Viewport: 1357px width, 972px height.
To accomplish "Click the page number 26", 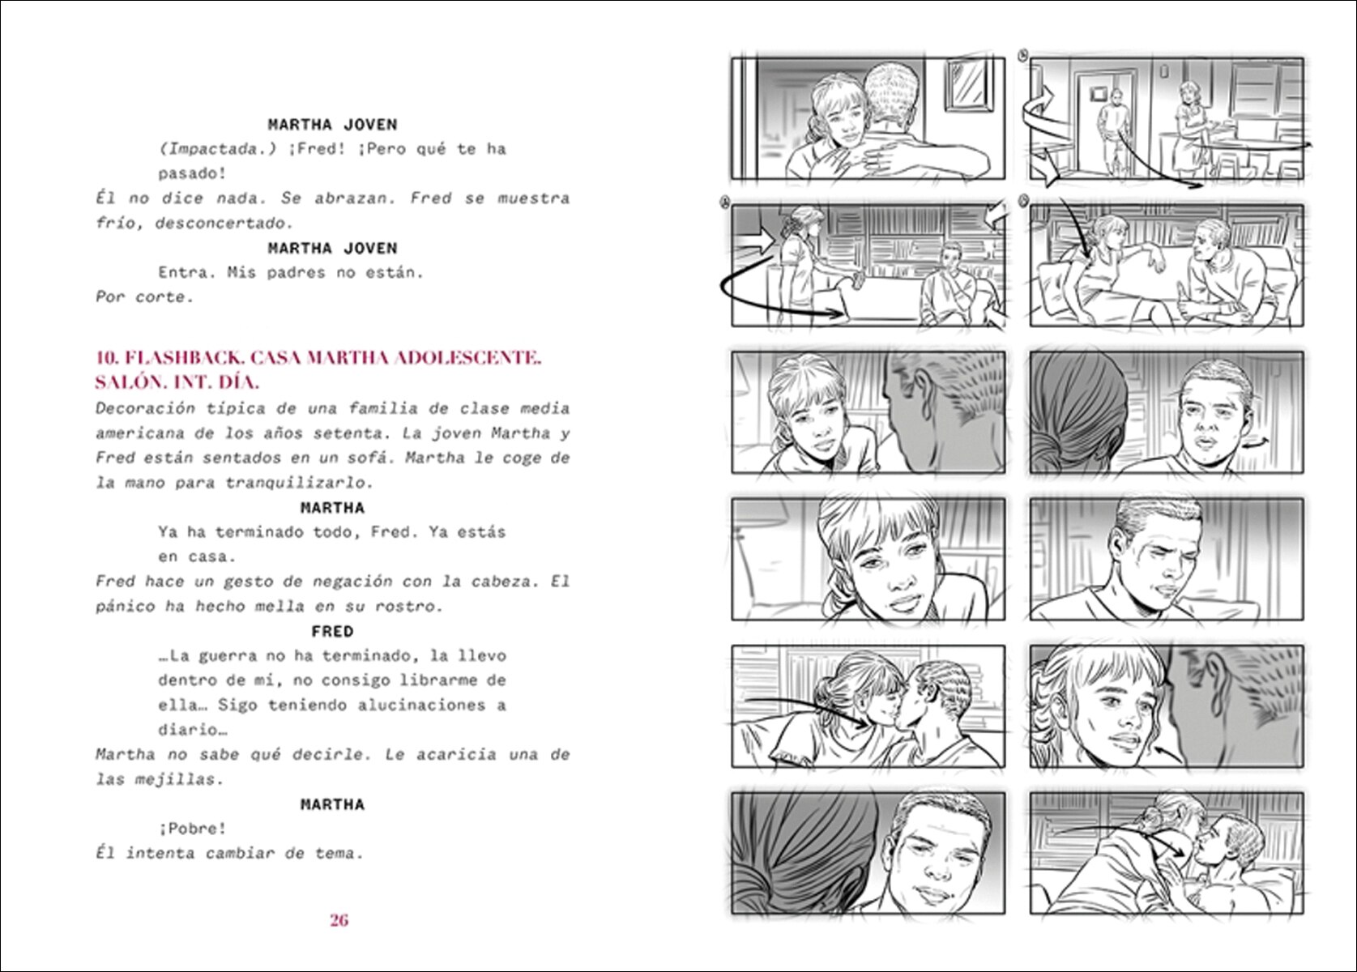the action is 339,920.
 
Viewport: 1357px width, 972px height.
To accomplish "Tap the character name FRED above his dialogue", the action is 333,632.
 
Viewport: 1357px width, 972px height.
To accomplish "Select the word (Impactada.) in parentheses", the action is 217,149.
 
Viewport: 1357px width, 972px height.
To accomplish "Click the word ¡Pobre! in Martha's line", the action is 193,829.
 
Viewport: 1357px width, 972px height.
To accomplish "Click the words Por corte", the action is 144,297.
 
